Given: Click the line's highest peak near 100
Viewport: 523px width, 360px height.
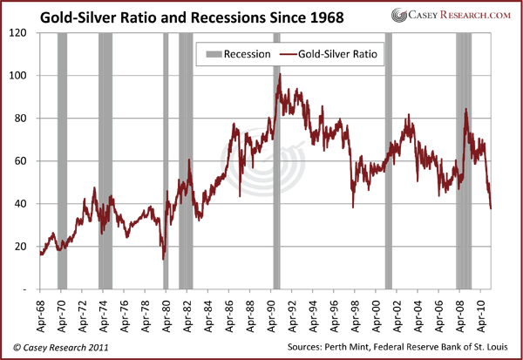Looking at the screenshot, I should (x=279, y=75).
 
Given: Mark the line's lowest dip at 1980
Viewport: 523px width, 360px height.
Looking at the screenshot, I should (x=163, y=258).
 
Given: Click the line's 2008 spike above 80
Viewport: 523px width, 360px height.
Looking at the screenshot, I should (x=465, y=110).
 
